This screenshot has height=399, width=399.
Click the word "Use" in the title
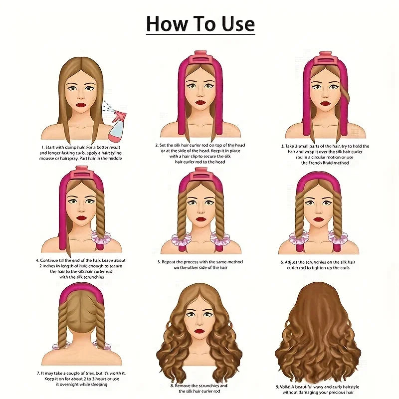[238, 23]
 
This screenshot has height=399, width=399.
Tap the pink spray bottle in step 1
[117, 126]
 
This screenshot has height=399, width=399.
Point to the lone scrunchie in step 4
[100, 237]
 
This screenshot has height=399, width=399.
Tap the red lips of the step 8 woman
[200, 331]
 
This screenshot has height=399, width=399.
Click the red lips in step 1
[81, 105]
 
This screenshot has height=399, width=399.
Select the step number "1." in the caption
[43, 147]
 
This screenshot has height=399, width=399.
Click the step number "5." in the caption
[159, 262]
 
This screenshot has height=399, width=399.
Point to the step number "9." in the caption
[278, 387]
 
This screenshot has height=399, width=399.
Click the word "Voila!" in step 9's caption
[285, 387]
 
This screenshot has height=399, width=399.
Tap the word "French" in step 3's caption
[314, 163]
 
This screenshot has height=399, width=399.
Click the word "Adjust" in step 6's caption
[291, 262]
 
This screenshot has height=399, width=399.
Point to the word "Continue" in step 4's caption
[48, 260]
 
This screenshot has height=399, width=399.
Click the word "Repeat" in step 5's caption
[168, 262]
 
